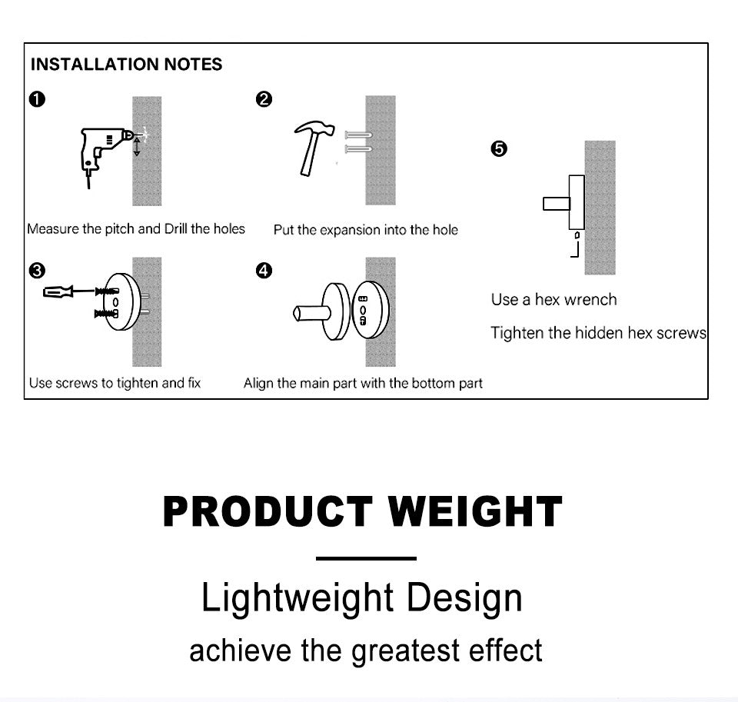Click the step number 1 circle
coord(37,99)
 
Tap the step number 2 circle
coord(264,99)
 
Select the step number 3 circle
coord(37,271)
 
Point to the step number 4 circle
coord(264,270)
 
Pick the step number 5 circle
coord(499,148)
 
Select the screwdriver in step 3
coord(71,292)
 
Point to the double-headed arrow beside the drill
coord(137,146)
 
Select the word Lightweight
coord(298,598)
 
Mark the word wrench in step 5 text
coord(590,299)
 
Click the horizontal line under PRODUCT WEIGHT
coord(366,558)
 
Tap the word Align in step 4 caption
coord(257,383)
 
